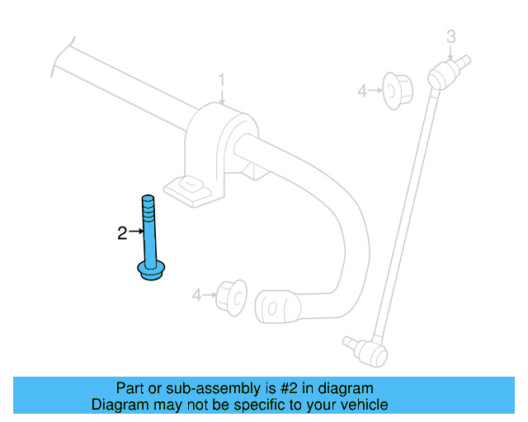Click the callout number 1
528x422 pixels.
221,80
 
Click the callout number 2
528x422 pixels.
122,233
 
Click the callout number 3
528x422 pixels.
450,35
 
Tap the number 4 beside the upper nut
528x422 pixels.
361,91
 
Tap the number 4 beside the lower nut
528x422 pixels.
196,294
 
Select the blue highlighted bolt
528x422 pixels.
148,239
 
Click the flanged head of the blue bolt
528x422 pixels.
150,270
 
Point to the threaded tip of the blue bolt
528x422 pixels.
148,201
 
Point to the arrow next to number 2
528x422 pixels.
136,233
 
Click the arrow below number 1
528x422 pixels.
221,96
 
